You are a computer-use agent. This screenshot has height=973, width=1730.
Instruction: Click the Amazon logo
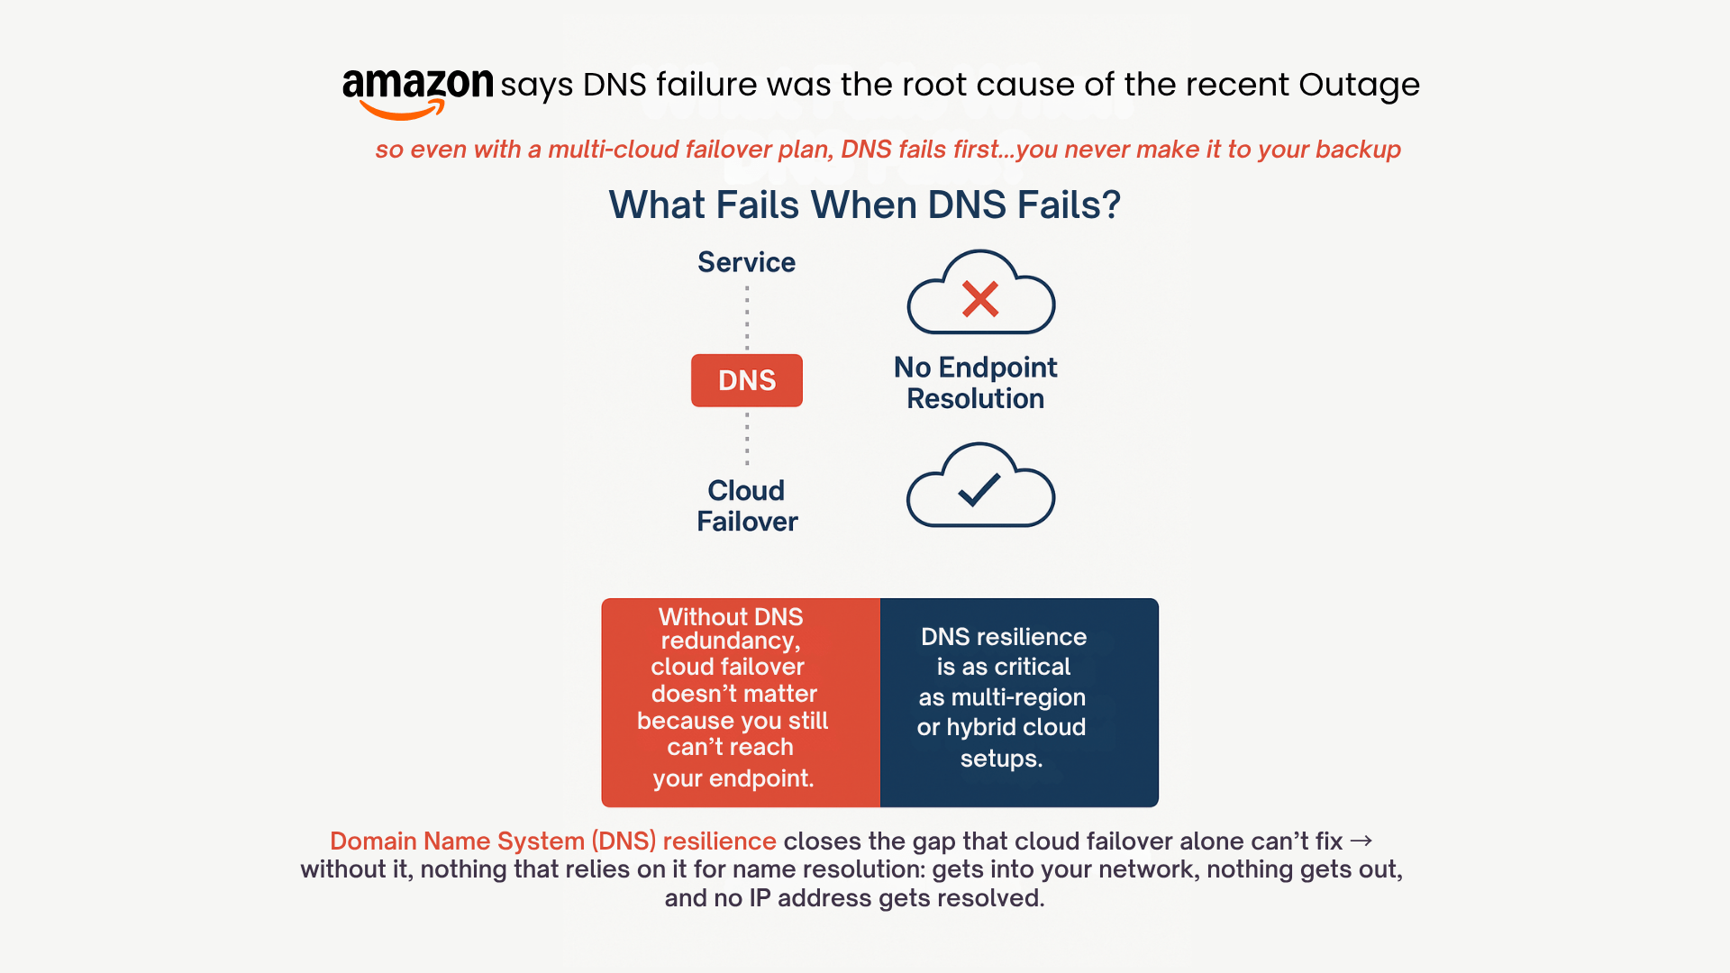417,90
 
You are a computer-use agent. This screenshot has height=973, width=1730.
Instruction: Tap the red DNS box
746,380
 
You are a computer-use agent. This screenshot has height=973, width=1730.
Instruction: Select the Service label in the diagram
746,262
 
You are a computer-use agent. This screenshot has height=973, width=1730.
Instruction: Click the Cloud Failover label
746,505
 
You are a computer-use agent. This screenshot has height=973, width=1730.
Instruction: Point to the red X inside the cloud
979,299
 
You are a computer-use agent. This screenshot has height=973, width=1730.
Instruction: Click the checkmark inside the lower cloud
979,489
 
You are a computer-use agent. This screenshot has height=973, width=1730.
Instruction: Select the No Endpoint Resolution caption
975,383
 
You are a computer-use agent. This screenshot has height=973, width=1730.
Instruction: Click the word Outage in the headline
1359,85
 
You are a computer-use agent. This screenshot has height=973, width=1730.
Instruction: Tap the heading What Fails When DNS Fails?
864,205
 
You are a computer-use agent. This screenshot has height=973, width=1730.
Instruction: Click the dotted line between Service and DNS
747,317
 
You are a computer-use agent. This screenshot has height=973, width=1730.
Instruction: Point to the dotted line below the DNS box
747,439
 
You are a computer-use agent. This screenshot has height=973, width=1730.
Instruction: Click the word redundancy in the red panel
729,641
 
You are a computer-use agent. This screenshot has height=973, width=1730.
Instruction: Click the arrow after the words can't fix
1361,841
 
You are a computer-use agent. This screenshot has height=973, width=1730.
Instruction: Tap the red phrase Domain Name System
457,841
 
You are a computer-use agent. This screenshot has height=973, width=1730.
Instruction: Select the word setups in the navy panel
999,759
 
